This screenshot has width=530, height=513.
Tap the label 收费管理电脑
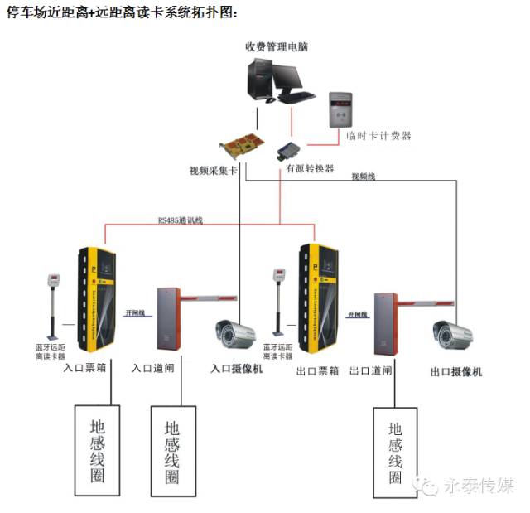(277, 46)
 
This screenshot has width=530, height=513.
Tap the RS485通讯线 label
(180, 220)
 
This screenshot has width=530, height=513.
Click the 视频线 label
(364, 176)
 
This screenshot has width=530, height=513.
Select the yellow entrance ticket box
(94, 299)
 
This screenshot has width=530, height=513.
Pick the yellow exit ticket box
(318, 300)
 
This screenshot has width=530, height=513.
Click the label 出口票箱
(317, 371)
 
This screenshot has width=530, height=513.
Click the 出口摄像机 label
(455, 372)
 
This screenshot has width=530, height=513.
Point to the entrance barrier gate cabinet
(169, 318)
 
